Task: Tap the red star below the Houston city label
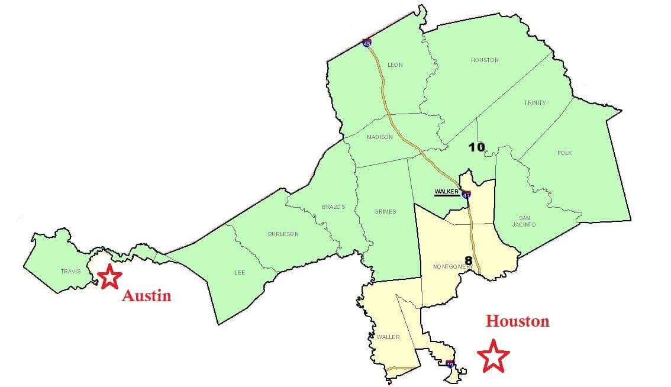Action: click(493, 356)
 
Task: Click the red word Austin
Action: click(146, 296)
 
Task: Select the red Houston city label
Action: click(517, 321)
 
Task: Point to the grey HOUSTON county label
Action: click(485, 60)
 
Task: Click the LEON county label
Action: click(395, 65)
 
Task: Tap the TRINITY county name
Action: click(534, 103)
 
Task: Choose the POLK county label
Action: click(564, 153)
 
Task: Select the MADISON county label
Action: click(379, 137)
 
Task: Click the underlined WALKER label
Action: click(447, 192)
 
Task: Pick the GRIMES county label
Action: click(385, 212)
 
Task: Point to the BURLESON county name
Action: click(283, 234)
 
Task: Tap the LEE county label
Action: click(239, 273)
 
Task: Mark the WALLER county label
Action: click(388, 337)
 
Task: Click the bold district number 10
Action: click(476, 147)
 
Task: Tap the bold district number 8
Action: click(468, 260)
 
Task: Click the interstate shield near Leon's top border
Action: click(367, 43)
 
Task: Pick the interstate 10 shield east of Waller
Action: click(451, 364)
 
